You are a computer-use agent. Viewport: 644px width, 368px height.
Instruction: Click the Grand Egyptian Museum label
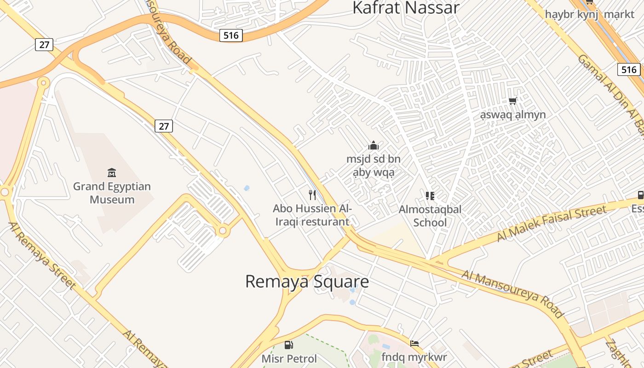click(x=112, y=193)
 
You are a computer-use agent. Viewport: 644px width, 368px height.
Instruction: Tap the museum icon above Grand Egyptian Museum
click(x=112, y=173)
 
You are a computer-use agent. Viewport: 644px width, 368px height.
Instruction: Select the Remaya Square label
click(x=307, y=282)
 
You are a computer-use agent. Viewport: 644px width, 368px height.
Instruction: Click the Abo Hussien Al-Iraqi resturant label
click(x=312, y=215)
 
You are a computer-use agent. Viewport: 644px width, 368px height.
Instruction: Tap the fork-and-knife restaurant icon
click(x=312, y=195)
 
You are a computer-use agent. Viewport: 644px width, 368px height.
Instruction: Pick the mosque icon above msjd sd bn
click(x=374, y=146)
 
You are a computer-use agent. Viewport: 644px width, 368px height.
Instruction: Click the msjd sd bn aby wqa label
click(x=374, y=166)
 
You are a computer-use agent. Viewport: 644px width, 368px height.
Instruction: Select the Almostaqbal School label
click(x=430, y=216)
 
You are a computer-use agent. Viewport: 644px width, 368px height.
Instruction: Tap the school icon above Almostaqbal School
click(x=430, y=196)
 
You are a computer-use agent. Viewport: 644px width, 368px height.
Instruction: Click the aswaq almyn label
click(x=513, y=115)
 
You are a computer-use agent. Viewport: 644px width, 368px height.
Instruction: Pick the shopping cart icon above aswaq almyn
click(x=513, y=101)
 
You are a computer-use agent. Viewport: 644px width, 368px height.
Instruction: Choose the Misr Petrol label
click(x=289, y=359)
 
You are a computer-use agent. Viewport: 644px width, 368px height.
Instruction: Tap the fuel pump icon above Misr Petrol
click(x=289, y=345)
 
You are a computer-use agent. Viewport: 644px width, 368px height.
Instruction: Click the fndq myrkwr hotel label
click(x=414, y=357)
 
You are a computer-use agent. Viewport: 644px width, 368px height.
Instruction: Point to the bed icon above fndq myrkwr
click(x=414, y=343)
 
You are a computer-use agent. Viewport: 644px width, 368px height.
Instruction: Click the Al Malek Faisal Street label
click(x=552, y=224)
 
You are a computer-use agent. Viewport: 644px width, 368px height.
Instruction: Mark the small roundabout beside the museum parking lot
click(x=223, y=230)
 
